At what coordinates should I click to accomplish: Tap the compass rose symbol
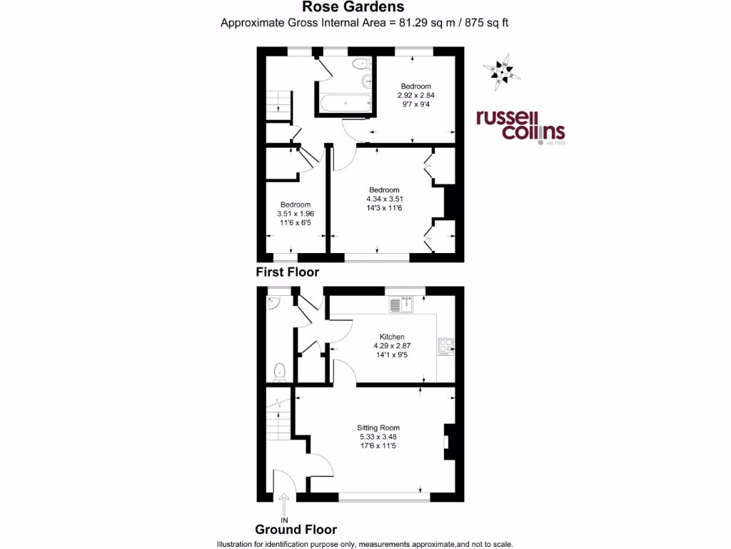503,71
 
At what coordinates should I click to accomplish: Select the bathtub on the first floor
346,103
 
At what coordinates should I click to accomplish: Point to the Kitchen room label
392,337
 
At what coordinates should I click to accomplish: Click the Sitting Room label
379,427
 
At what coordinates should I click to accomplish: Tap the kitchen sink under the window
402,306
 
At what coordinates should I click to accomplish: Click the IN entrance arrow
284,503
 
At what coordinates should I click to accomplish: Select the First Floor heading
287,272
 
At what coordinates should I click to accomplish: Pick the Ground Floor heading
296,530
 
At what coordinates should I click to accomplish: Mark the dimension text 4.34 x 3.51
385,199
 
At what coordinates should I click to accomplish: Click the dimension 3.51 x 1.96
295,213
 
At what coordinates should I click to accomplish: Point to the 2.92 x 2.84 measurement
415,95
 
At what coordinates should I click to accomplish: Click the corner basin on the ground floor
271,305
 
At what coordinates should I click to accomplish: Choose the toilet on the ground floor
281,372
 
